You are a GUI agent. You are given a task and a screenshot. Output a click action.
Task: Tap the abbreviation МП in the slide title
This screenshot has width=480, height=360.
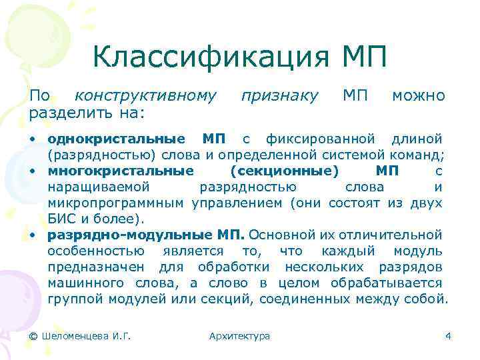click(x=363, y=58)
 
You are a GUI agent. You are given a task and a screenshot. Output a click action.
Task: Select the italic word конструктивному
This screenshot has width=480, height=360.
click(x=145, y=95)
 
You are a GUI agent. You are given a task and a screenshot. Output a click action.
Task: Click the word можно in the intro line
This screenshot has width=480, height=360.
click(x=418, y=95)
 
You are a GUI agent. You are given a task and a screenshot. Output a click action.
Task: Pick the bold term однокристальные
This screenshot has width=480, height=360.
click(x=117, y=139)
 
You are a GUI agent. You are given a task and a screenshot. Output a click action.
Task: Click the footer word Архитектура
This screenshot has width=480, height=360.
click(x=239, y=336)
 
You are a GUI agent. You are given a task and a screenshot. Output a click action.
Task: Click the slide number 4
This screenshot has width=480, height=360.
click(x=448, y=336)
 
